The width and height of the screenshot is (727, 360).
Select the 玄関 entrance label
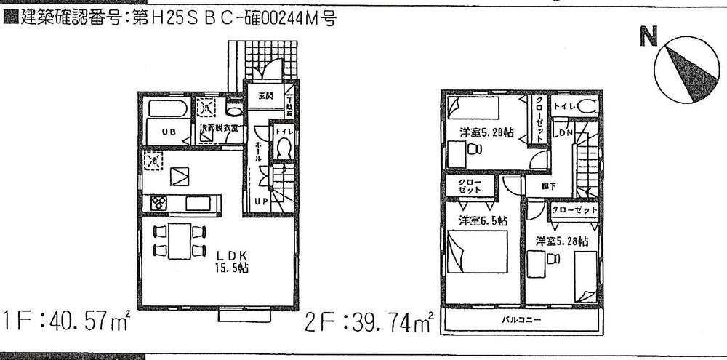coord(265,96)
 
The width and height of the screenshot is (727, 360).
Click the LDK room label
coord(232,255)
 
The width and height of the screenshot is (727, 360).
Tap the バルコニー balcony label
coord(521,320)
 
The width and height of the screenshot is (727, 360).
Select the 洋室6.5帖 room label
coord(483,220)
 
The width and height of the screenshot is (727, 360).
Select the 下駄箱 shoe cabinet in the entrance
coord(289,107)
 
